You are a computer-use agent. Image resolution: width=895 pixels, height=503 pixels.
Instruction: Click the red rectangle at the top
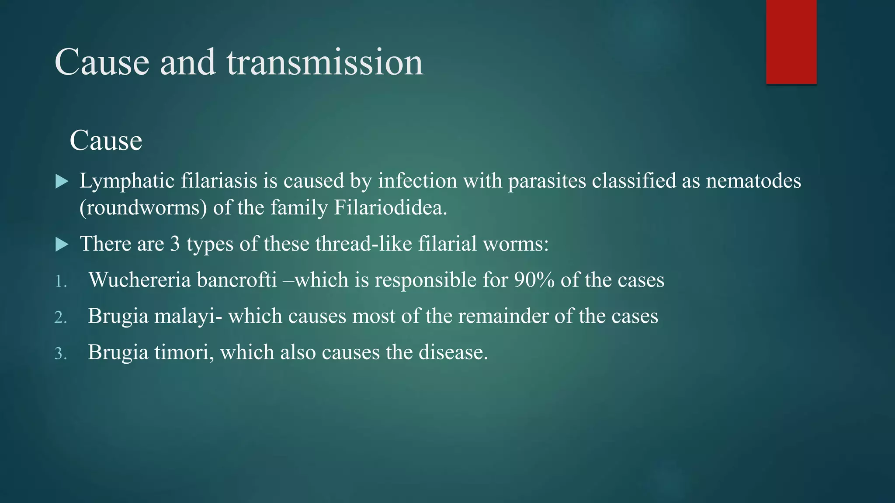pyautogui.click(x=791, y=41)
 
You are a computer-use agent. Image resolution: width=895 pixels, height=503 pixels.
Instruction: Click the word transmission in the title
pyautogui.click(x=325, y=62)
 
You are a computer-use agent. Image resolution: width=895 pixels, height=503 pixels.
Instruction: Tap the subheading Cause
pyautogui.click(x=106, y=141)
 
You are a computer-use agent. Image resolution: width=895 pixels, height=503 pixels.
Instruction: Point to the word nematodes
pyautogui.click(x=753, y=181)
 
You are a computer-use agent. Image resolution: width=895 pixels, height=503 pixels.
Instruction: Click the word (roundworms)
pyautogui.click(x=143, y=208)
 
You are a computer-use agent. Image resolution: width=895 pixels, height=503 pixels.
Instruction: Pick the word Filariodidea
pyautogui.click(x=390, y=208)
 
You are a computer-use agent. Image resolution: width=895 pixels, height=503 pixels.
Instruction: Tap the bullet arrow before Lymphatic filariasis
pyautogui.click(x=62, y=182)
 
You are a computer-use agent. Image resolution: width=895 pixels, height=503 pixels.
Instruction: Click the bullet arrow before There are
pyautogui.click(x=62, y=245)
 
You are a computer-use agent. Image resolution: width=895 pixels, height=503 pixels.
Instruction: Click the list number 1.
pyautogui.click(x=61, y=281)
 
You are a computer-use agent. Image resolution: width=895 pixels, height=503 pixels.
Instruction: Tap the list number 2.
pyautogui.click(x=61, y=317)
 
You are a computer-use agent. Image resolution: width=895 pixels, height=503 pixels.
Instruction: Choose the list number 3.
pyautogui.click(x=61, y=354)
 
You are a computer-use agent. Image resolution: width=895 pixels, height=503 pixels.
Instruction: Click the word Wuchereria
pyautogui.click(x=140, y=280)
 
